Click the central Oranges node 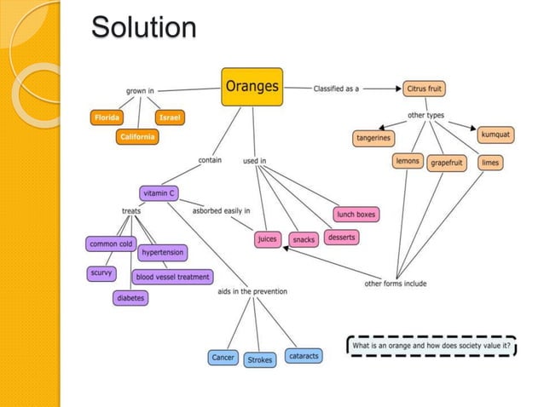point(252,87)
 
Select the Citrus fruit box point(424,89)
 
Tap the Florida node point(107,118)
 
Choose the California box point(137,137)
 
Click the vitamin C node point(159,193)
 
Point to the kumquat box point(495,135)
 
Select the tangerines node point(373,138)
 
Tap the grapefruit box point(447,162)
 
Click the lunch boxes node point(356,214)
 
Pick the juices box point(267,239)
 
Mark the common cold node point(111,244)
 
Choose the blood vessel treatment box point(173,277)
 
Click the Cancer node point(223,358)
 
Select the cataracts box point(304,356)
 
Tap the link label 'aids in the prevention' point(252,292)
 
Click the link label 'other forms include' point(395,284)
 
